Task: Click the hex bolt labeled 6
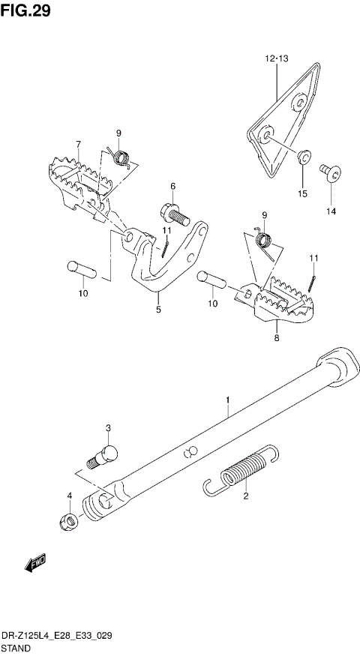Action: click(173, 213)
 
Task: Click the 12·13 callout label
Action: click(274, 58)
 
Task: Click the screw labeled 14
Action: click(330, 175)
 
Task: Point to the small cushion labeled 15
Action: click(304, 157)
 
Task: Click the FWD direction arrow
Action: click(34, 564)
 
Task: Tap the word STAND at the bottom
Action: click(16, 645)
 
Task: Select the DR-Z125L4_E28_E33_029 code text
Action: click(58, 633)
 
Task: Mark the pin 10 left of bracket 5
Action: click(81, 268)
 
